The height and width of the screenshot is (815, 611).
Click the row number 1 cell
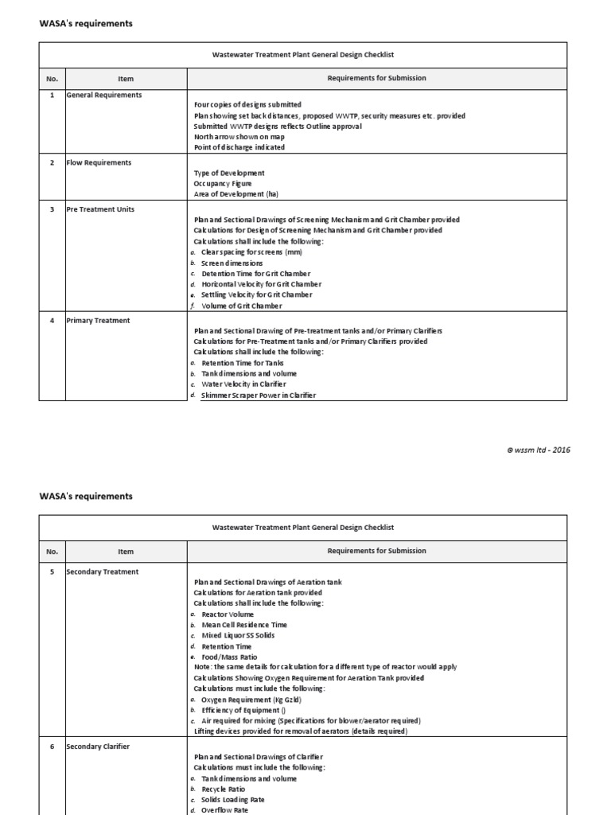(x=52, y=96)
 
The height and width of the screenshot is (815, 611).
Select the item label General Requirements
(x=104, y=96)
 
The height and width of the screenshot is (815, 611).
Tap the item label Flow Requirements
(x=99, y=163)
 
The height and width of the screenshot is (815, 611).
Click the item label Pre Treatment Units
(x=100, y=209)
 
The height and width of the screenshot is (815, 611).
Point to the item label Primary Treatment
(x=98, y=321)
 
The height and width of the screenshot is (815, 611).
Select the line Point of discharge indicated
(x=239, y=147)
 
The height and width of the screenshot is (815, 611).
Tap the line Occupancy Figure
(x=223, y=183)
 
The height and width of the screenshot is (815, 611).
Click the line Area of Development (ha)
(x=235, y=194)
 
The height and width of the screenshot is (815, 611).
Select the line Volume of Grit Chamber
(x=242, y=306)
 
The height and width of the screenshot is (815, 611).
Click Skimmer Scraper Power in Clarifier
(x=252, y=396)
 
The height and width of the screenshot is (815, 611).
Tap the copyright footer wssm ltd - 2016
(x=539, y=450)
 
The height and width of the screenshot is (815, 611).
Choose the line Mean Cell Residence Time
(x=244, y=626)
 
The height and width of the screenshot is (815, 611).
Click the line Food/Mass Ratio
(x=229, y=657)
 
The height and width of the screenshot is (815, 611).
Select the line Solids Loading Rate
(x=233, y=800)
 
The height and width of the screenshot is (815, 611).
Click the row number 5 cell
(x=52, y=572)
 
